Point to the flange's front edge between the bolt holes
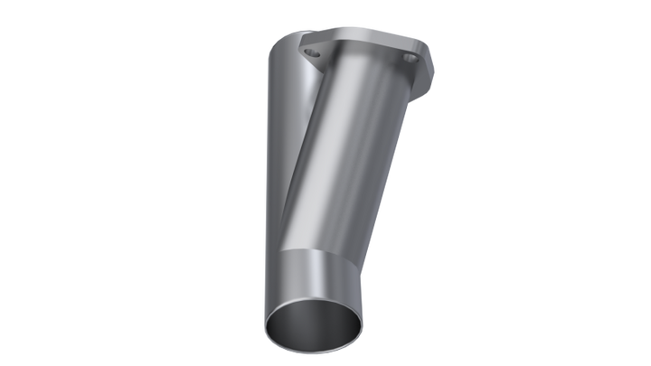pos(362,68)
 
